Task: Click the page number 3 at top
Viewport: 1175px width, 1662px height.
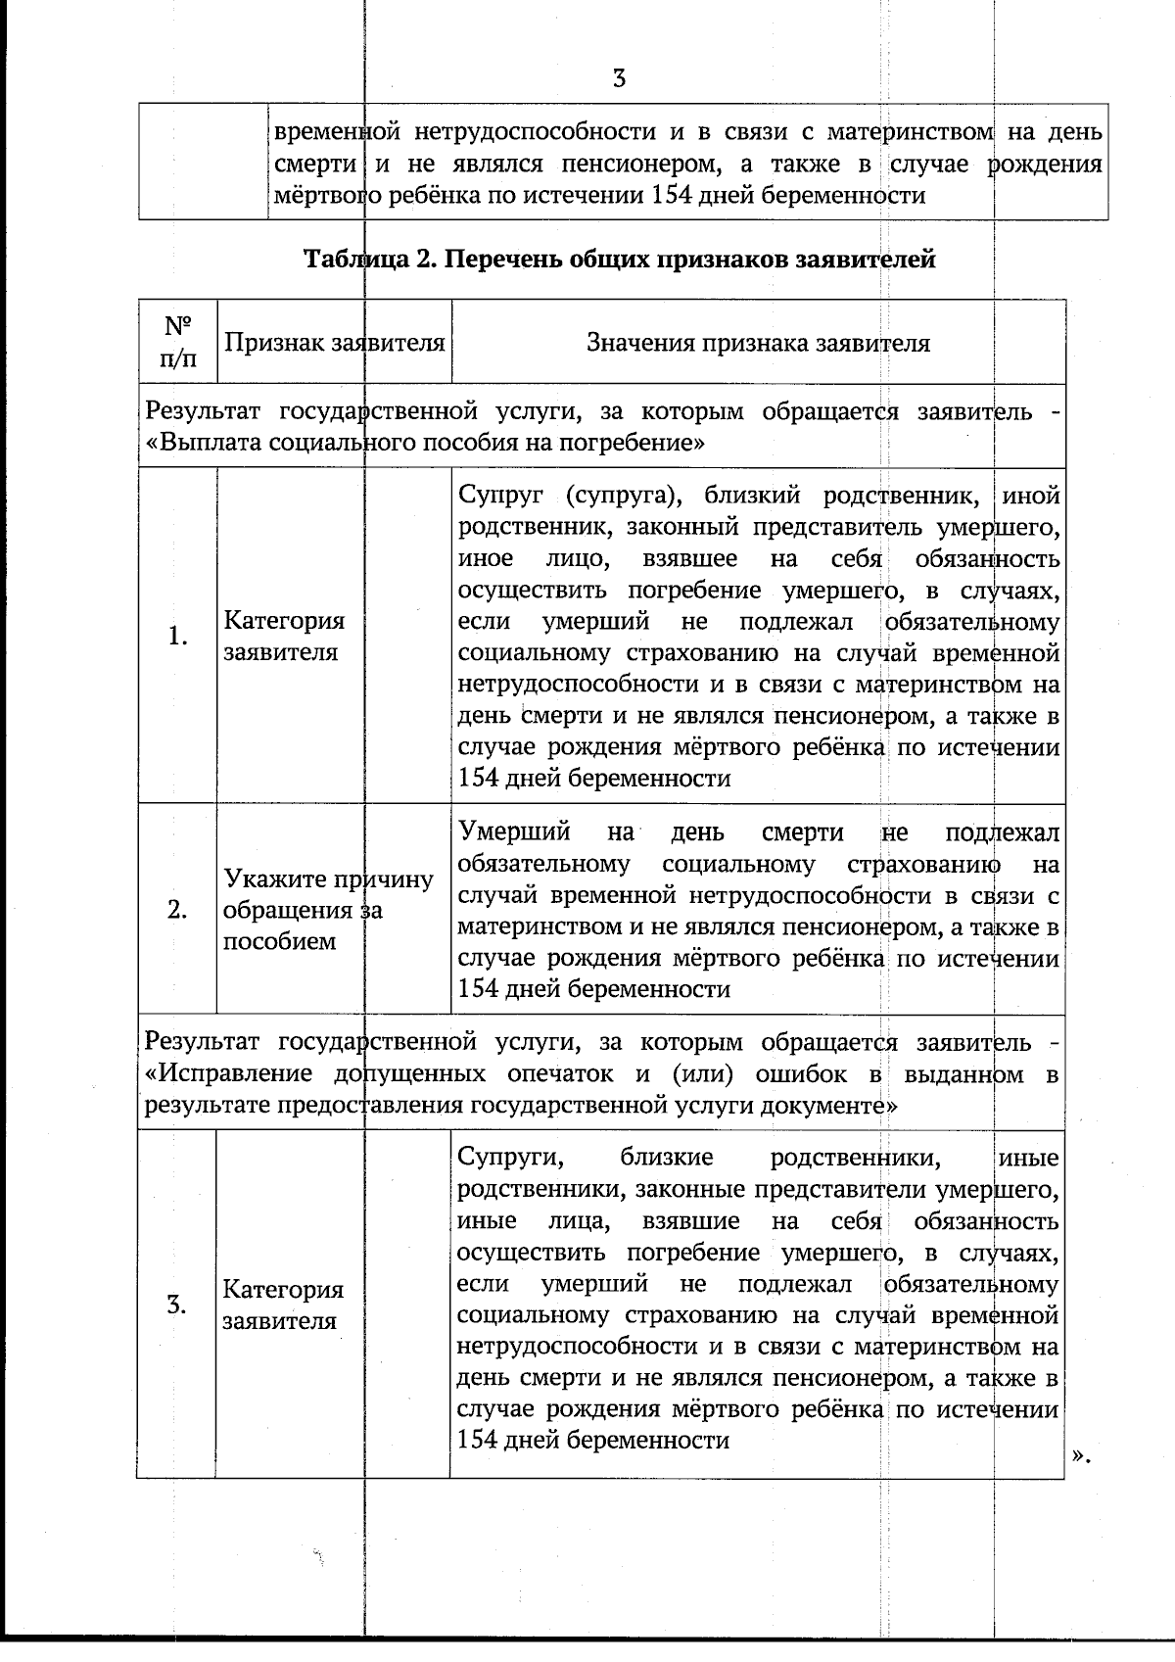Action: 619,79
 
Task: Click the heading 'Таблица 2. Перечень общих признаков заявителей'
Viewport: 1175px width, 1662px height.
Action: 619,260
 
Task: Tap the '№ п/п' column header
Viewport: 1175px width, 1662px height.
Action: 177,341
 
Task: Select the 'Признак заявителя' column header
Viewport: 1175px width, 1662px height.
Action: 334,343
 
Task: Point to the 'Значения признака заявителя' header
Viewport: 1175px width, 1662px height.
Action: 758,343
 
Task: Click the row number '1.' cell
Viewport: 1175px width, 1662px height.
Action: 177,637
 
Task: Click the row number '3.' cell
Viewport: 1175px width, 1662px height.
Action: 177,1305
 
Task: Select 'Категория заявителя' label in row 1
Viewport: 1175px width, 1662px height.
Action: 284,637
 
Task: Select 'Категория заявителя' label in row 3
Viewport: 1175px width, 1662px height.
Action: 283,1305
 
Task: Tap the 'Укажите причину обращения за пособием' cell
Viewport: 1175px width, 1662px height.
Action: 327,910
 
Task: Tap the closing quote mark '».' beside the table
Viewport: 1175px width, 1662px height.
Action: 1080,1457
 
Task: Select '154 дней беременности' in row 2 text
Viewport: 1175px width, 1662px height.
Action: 593,989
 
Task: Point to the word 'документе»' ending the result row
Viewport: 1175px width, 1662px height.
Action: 837,1106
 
